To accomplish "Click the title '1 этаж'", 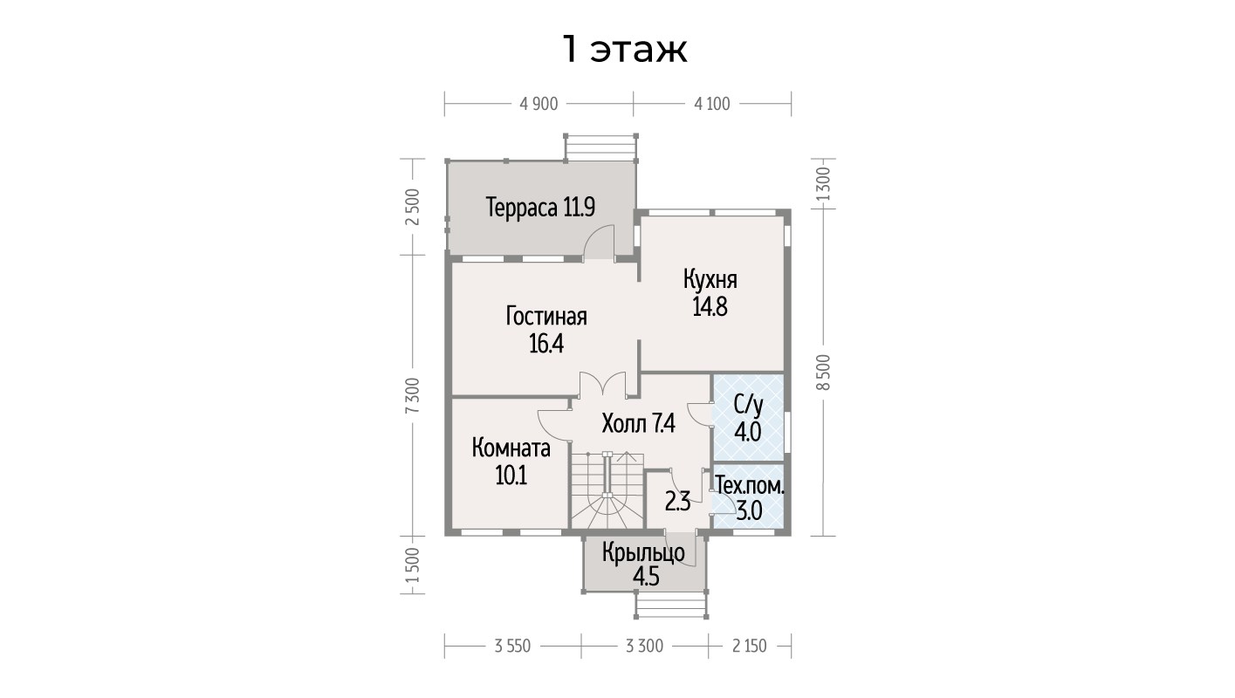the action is click(625, 51).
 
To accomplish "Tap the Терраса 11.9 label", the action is click(540, 208).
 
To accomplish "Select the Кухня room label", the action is click(710, 279).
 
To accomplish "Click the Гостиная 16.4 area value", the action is click(546, 344).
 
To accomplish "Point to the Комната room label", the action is click(511, 448).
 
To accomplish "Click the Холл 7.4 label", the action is click(639, 424).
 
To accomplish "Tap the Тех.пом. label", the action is click(749, 486).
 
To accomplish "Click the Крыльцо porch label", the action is click(643, 552).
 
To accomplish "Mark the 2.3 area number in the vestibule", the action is click(677, 503).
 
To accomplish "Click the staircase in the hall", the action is click(607, 490).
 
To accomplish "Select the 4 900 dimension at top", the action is click(539, 104).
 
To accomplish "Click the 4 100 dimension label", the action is click(712, 104).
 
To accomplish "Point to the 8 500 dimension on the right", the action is click(823, 373).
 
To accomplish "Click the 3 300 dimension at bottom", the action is click(644, 646).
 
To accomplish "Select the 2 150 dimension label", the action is click(749, 646).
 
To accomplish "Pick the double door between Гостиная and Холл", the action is click(602, 385).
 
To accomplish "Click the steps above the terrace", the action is click(600, 147).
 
